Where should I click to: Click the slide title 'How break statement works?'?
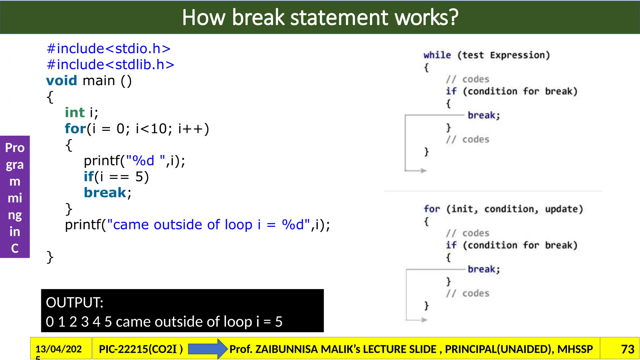click(x=320, y=17)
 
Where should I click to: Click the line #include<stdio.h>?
click(x=108, y=49)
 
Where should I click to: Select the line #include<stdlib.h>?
click(x=110, y=65)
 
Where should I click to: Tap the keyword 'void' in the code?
click(x=62, y=81)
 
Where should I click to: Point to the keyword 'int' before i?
click(x=75, y=112)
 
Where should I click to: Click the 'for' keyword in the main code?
click(x=75, y=129)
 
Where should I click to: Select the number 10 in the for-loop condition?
click(x=159, y=129)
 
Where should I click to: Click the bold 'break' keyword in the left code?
click(x=105, y=192)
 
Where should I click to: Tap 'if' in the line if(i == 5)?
click(x=88, y=177)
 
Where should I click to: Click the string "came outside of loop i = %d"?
click(x=209, y=225)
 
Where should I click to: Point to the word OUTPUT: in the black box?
click(x=74, y=302)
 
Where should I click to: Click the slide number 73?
click(x=627, y=349)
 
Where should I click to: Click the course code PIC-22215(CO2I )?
click(x=141, y=349)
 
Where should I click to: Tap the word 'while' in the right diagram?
click(x=437, y=55)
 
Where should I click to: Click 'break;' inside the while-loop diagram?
click(x=484, y=115)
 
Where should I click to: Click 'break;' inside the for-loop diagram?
click(x=484, y=269)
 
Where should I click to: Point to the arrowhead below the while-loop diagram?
click(x=423, y=171)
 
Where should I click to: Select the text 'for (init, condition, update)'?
click(x=503, y=209)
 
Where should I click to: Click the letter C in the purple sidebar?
click(x=15, y=248)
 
